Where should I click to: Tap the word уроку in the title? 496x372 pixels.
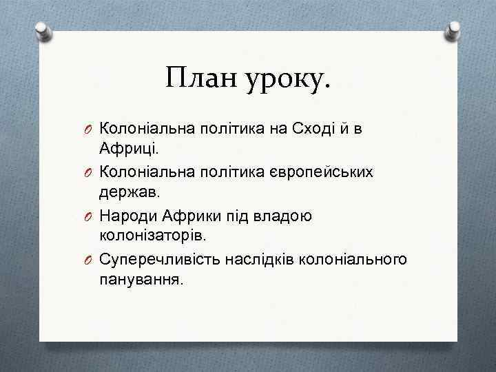[287, 81]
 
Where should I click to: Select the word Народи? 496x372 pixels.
[129, 216]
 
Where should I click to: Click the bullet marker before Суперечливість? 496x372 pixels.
[90, 260]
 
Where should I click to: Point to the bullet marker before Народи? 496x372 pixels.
[90, 216]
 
